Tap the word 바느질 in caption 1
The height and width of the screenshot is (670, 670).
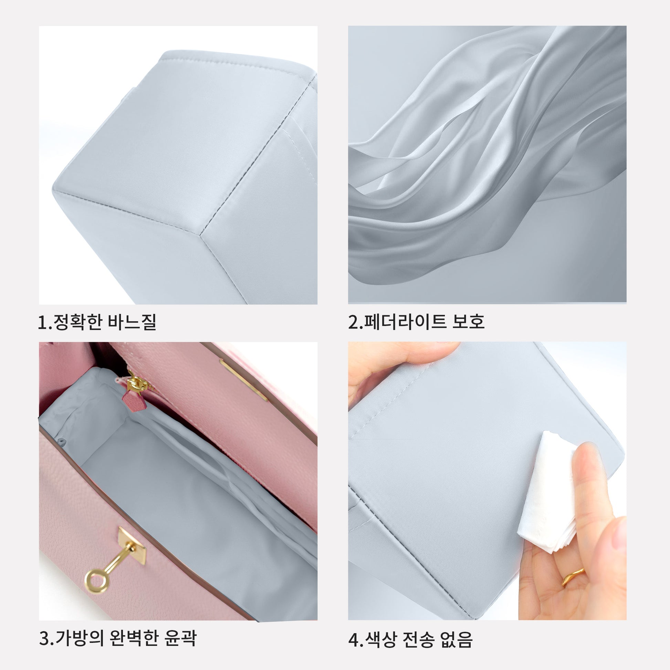132,322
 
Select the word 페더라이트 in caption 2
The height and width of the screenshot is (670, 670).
404,322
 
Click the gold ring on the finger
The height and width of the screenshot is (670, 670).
573,577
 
